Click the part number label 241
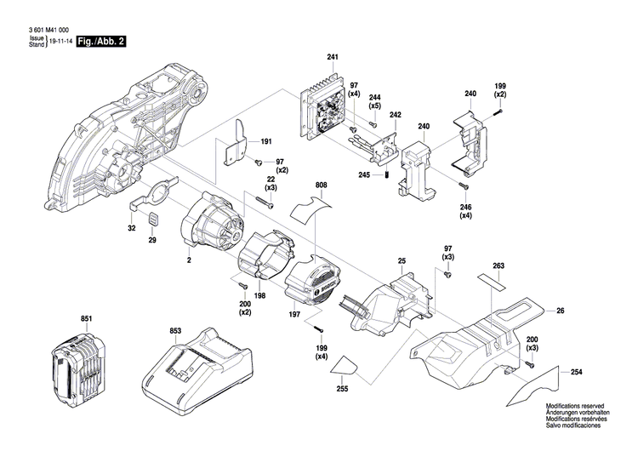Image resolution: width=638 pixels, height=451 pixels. pos(332,57)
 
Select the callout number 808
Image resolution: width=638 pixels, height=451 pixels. pos(321,185)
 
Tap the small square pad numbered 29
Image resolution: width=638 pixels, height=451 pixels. pos(153,220)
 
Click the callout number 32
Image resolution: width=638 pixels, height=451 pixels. pos(132,229)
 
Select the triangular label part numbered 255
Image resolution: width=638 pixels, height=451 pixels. pos(345,365)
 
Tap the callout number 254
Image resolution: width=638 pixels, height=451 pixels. pos(576,371)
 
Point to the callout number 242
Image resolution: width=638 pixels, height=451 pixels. pos(395,114)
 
